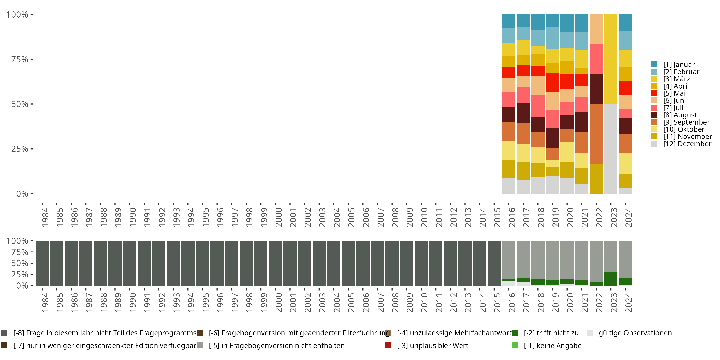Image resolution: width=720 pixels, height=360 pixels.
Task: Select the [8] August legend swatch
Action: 654,115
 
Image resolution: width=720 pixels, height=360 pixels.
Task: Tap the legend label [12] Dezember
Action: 687,144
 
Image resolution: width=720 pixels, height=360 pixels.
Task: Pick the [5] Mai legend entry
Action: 674,93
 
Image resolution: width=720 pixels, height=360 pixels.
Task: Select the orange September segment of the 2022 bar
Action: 596,134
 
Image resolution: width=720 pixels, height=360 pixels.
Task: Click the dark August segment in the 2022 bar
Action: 596,89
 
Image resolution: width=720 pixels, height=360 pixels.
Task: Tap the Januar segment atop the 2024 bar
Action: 625,23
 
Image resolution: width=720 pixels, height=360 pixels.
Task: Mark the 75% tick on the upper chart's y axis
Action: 20,59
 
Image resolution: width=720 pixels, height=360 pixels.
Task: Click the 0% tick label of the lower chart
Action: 22,286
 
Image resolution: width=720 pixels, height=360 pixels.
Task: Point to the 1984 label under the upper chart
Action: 45,217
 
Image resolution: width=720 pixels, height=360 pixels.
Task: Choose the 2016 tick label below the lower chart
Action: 511,302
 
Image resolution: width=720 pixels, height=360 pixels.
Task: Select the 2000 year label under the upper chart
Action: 278,217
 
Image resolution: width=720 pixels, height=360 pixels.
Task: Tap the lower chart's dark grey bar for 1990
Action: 130,263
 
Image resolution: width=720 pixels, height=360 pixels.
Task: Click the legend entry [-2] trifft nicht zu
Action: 551,333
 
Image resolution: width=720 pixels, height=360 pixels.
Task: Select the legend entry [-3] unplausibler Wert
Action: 432,345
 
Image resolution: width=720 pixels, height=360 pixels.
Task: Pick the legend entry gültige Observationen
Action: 635,333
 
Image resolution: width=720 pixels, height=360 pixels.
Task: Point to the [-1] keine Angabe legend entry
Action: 552,345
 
